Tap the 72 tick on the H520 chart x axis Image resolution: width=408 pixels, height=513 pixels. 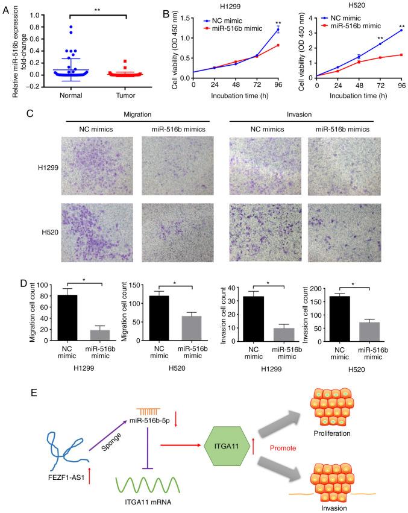(x=380, y=85)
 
